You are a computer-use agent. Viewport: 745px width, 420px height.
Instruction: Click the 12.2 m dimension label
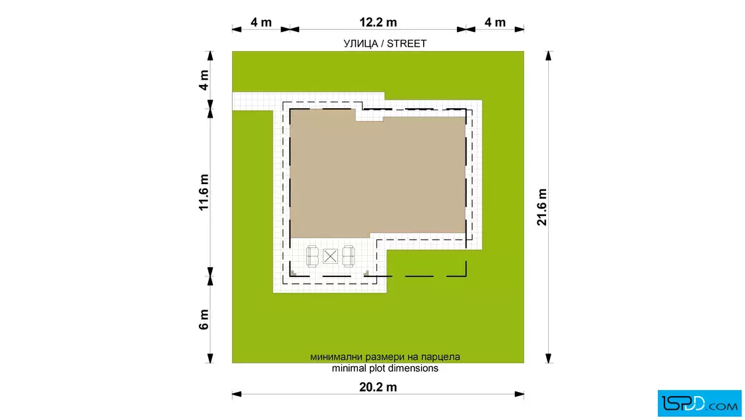pos(378,23)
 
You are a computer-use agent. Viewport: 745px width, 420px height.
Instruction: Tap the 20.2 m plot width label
pos(378,387)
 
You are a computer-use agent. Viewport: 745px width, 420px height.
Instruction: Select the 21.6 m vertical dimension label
pos(542,207)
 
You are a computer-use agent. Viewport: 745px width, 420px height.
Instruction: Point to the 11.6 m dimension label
pos(204,192)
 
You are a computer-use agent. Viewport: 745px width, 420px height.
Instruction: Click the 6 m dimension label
pos(204,320)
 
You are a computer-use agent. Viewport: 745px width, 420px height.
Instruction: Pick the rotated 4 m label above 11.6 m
pos(204,80)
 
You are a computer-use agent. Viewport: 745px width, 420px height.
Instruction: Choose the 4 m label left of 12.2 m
pos(261,23)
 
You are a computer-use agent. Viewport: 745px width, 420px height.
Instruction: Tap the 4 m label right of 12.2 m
pos(495,23)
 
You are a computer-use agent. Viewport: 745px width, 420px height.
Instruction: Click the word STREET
pos(406,44)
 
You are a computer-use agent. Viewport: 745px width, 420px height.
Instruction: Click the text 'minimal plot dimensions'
pos(385,368)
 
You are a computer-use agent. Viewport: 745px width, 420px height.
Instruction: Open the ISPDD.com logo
pos(699,403)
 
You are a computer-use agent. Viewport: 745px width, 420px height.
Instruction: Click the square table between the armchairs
pos(330,257)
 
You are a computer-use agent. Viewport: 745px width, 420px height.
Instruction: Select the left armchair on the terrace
pos(312,257)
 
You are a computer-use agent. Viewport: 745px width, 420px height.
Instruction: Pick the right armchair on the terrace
pos(349,257)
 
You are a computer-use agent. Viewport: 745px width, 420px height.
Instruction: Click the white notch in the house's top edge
pos(369,115)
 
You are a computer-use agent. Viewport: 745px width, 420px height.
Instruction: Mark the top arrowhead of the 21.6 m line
pos(548,56)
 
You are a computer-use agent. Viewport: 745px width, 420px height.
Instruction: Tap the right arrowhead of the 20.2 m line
pos(520,394)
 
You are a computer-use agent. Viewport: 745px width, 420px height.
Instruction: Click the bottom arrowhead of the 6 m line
pos(210,358)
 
